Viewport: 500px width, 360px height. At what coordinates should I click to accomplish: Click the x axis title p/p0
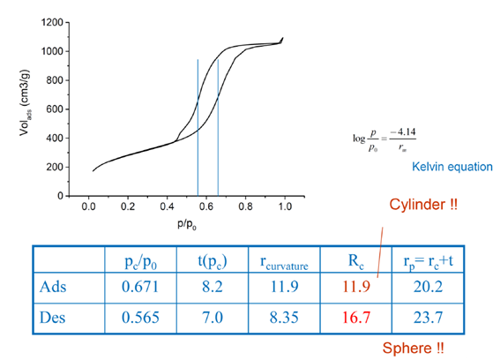(186, 227)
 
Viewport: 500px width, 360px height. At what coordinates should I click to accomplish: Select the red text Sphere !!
(413, 347)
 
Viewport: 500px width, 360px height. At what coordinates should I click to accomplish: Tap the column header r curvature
(281, 260)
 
